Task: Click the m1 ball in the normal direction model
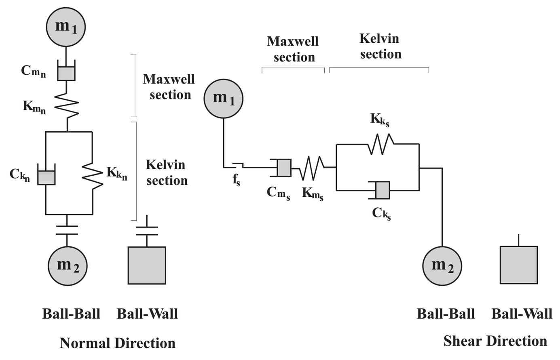(x=66, y=26)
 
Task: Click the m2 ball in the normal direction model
(x=68, y=265)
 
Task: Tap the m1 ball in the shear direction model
(x=224, y=99)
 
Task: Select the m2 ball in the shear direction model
(x=442, y=265)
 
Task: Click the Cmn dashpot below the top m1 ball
(x=66, y=73)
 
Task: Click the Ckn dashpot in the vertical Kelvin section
(x=46, y=177)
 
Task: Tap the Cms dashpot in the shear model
(x=283, y=168)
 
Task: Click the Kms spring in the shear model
(x=312, y=168)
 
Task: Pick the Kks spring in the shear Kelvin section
(x=380, y=144)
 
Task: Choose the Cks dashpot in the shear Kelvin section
(x=382, y=190)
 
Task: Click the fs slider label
(x=237, y=180)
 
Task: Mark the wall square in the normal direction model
(x=147, y=265)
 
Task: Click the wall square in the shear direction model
(x=519, y=265)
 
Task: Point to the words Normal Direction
(x=118, y=343)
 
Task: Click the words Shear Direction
(x=495, y=341)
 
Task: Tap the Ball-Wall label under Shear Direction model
(x=522, y=314)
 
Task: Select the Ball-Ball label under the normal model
(x=71, y=314)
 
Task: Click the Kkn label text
(x=117, y=174)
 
